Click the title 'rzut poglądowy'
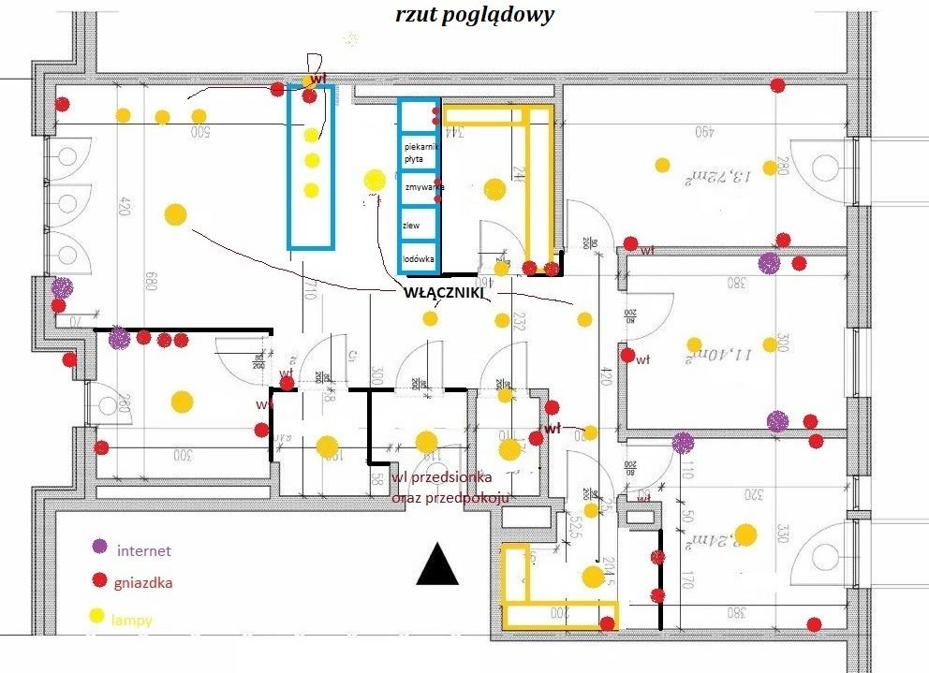[475, 15]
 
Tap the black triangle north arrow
[436, 563]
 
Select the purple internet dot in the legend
[98, 547]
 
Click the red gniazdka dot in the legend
[98, 581]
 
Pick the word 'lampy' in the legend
[131, 620]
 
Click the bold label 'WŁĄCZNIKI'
[443, 292]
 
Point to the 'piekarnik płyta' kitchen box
[419, 154]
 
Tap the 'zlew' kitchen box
[419, 225]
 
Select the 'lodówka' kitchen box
[419, 257]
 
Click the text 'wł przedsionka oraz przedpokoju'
[450, 489]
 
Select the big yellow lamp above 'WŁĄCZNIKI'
[375, 179]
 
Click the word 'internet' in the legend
[144, 550]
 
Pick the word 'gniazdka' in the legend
[142, 583]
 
